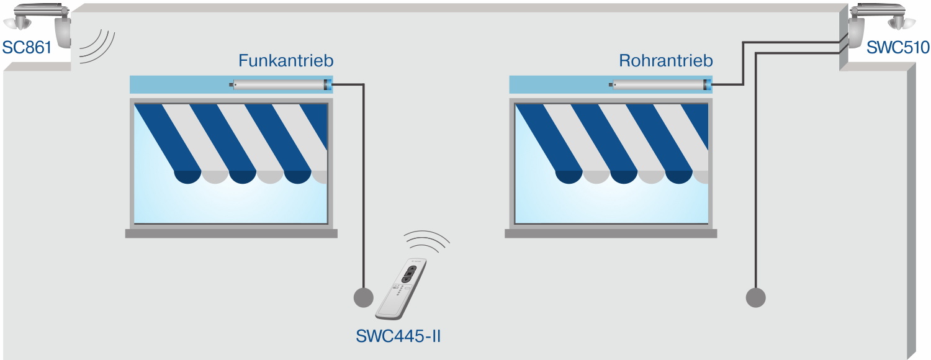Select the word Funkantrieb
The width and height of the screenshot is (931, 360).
(x=286, y=61)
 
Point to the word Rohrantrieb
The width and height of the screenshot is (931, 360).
(x=665, y=61)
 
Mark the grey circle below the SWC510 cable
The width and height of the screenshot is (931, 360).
(x=756, y=298)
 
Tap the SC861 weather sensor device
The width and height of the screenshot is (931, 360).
(x=40, y=21)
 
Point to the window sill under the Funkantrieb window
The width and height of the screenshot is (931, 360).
(x=231, y=233)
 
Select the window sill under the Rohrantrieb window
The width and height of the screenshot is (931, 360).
(x=611, y=233)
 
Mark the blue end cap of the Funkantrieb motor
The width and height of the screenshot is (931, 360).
(x=329, y=84)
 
